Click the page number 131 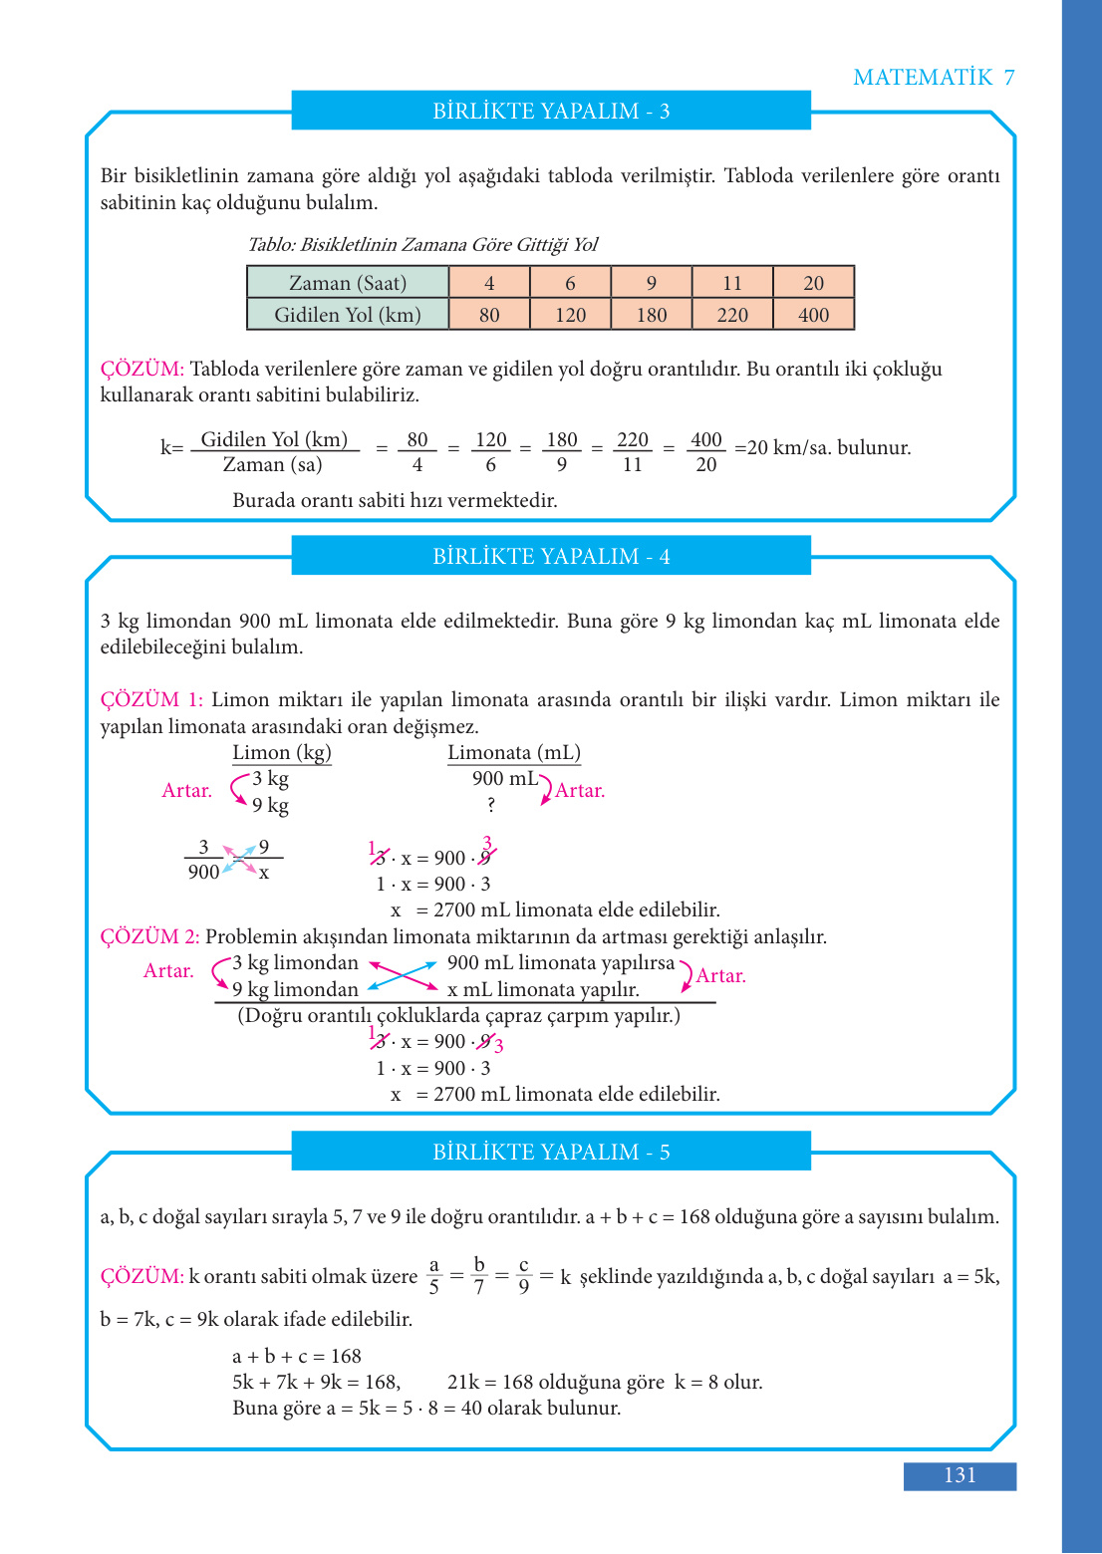click(x=960, y=1475)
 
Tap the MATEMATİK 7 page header click(x=934, y=78)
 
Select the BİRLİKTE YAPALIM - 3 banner click(x=551, y=111)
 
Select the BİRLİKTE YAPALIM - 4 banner click(x=551, y=556)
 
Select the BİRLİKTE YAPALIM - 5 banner click(x=551, y=1152)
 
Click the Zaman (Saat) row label click(x=348, y=283)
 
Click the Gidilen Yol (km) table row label click(x=348, y=315)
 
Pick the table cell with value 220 click(x=732, y=315)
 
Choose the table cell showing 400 click(x=813, y=315)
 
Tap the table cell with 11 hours click(x=732, y=283)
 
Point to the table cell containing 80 click(x=489, y=315)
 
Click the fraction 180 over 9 click(x=562, y=451)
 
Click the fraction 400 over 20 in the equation click(x=705, y=451)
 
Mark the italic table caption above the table click(x=422, y=245)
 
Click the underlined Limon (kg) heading click(x=282, y=753)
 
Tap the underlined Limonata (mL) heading click(x=514, y=753)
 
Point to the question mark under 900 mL click(x=491, y=805)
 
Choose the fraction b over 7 click(x=479, y=1276)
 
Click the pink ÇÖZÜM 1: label click(x=150, y=699)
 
